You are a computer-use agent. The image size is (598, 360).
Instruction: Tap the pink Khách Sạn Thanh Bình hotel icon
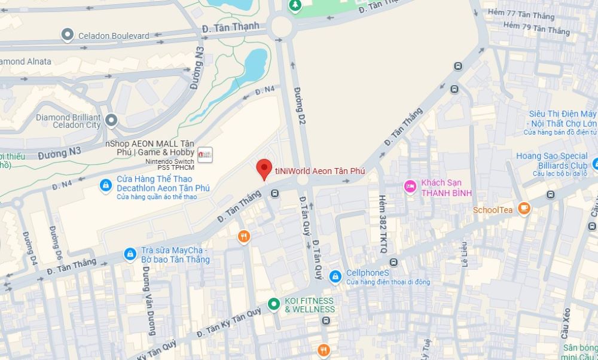pos(410,187)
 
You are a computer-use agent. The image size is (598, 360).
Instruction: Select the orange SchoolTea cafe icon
pos(524,208)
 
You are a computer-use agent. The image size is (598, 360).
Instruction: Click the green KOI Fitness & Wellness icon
pos(274,304)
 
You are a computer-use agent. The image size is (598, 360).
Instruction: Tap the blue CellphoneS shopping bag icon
pos(335,276)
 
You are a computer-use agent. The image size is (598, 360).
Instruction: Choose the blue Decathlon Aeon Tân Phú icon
pos(106,186)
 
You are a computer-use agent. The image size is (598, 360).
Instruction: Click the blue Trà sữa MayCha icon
pos(130,254)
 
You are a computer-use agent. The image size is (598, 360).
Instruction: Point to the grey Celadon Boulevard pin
pos(68,35)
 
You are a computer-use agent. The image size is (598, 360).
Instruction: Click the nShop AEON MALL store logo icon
pos(205,154)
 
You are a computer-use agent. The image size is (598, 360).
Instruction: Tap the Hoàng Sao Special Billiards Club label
pos(551,160)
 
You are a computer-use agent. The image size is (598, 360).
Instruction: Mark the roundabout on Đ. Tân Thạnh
pos(281,26)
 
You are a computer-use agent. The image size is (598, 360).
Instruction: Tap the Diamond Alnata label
pos(26,61)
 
